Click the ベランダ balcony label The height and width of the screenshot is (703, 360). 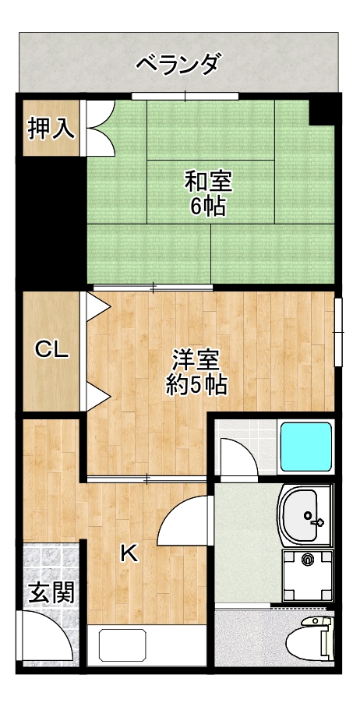[x=179, y=63]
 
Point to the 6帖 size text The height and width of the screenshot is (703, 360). [x=208, y=207]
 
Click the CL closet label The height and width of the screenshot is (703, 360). [x=52, y=350]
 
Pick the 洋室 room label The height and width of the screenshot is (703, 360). [x=196, y=360]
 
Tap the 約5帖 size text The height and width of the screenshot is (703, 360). [x=196, y=384]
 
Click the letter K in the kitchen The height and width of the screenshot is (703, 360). [x=129, y=553]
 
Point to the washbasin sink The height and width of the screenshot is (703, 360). [x=306, y=516]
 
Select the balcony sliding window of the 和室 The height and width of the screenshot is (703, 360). [x=185, y=96]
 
